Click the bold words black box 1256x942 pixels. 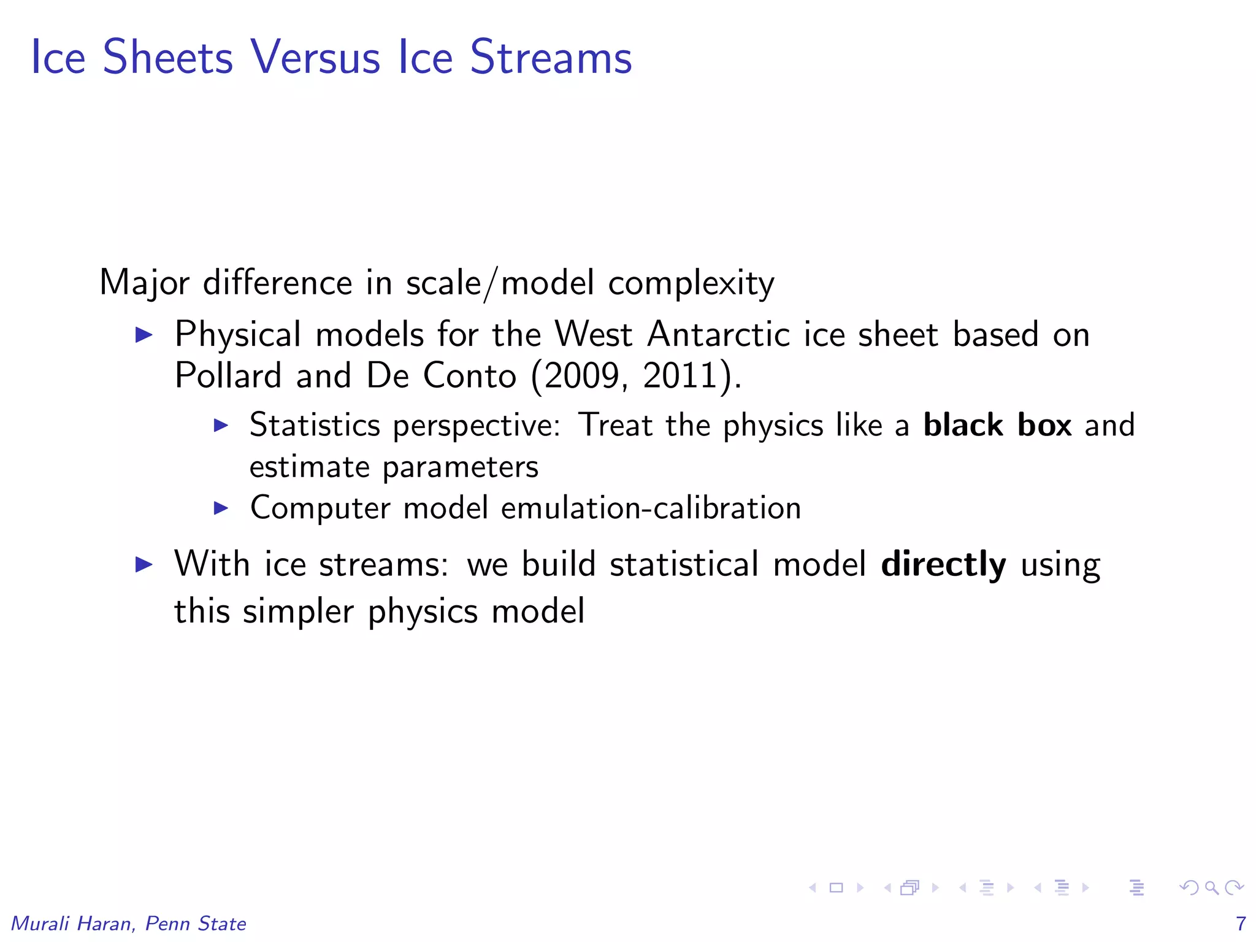[x=997, y=424]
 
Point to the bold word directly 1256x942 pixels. [x=943, y=564]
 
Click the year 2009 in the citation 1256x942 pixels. [x=581, y=375]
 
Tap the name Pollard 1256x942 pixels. [x=227, y=375]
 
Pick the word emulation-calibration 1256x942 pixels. [x=651, y=508]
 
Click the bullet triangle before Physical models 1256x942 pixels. [x=144, y=335]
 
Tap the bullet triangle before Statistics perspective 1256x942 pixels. [x=221, y=425]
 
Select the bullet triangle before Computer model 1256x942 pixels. [x=221, y=508]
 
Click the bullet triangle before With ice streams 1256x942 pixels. [x=144, y=564]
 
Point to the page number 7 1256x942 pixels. [x=1241, y=923]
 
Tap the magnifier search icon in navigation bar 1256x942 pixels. [x=1211, y=887]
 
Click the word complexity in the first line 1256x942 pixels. [x=691, y=283]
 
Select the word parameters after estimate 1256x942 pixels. [x=461, y=467]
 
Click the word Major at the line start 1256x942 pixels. [x=145, y=283]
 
